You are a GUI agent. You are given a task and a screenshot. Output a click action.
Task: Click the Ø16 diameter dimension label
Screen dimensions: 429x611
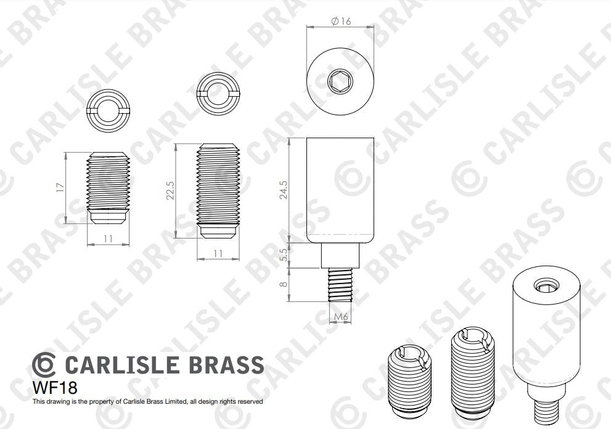tap(341, 22)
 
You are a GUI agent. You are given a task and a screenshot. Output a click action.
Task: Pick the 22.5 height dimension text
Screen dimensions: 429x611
tap(170, 190)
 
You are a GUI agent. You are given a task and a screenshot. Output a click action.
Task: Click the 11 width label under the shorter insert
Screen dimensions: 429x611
tap(108, 238)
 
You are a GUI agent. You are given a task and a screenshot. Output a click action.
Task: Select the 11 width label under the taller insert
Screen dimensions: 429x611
tap(218, 253)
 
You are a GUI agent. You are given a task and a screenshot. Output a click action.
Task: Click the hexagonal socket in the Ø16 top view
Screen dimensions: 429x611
tap(340, 81)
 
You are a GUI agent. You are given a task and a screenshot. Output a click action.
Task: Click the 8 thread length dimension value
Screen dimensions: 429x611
tap(284, 285)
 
